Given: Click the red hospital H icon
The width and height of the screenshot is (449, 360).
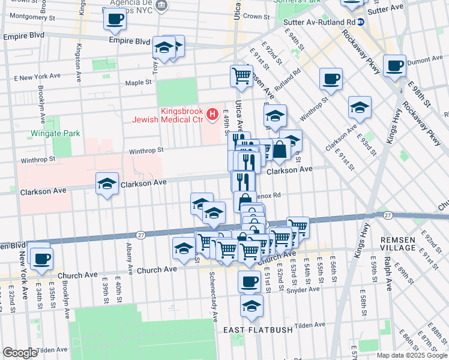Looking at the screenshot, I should coord(211,114).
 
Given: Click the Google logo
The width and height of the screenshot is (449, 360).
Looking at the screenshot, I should coord(19,353).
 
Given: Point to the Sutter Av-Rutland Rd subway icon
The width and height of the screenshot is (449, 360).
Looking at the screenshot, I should coord(361,22).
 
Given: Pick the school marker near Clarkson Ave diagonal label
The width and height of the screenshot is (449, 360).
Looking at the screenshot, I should coord(359,107).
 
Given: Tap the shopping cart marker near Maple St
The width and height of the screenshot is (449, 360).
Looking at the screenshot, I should coord(241,76).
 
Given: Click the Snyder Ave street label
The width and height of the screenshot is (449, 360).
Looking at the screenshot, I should coord(306,289).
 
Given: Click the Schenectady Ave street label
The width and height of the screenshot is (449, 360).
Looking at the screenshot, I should coord(213,294).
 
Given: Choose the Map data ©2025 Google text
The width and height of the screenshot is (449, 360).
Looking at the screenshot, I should coord(412,355).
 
